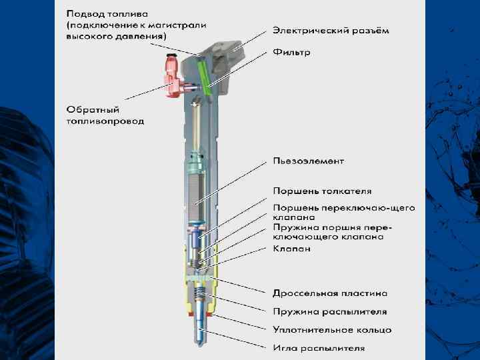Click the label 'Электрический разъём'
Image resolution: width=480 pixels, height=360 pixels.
tap(331, 31)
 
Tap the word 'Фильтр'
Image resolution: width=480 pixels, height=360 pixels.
tap(292, 51)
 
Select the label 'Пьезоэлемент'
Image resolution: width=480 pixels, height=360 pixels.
tap(309, 161)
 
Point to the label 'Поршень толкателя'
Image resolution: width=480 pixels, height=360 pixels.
tap(322, 191)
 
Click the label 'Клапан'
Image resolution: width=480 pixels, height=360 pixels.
tap(291, 249)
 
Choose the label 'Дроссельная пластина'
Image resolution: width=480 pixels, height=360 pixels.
tap(330, 293)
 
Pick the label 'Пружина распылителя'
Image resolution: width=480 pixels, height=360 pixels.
tap(329, 311)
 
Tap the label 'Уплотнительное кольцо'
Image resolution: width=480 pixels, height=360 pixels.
tap(332, 329)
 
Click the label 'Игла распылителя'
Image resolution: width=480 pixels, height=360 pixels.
tap(319, 347)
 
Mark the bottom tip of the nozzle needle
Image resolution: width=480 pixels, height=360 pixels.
tap(201, 343)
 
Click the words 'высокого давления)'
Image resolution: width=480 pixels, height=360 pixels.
tap(116, 36)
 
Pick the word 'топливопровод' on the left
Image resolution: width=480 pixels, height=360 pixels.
tap(105, 121)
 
